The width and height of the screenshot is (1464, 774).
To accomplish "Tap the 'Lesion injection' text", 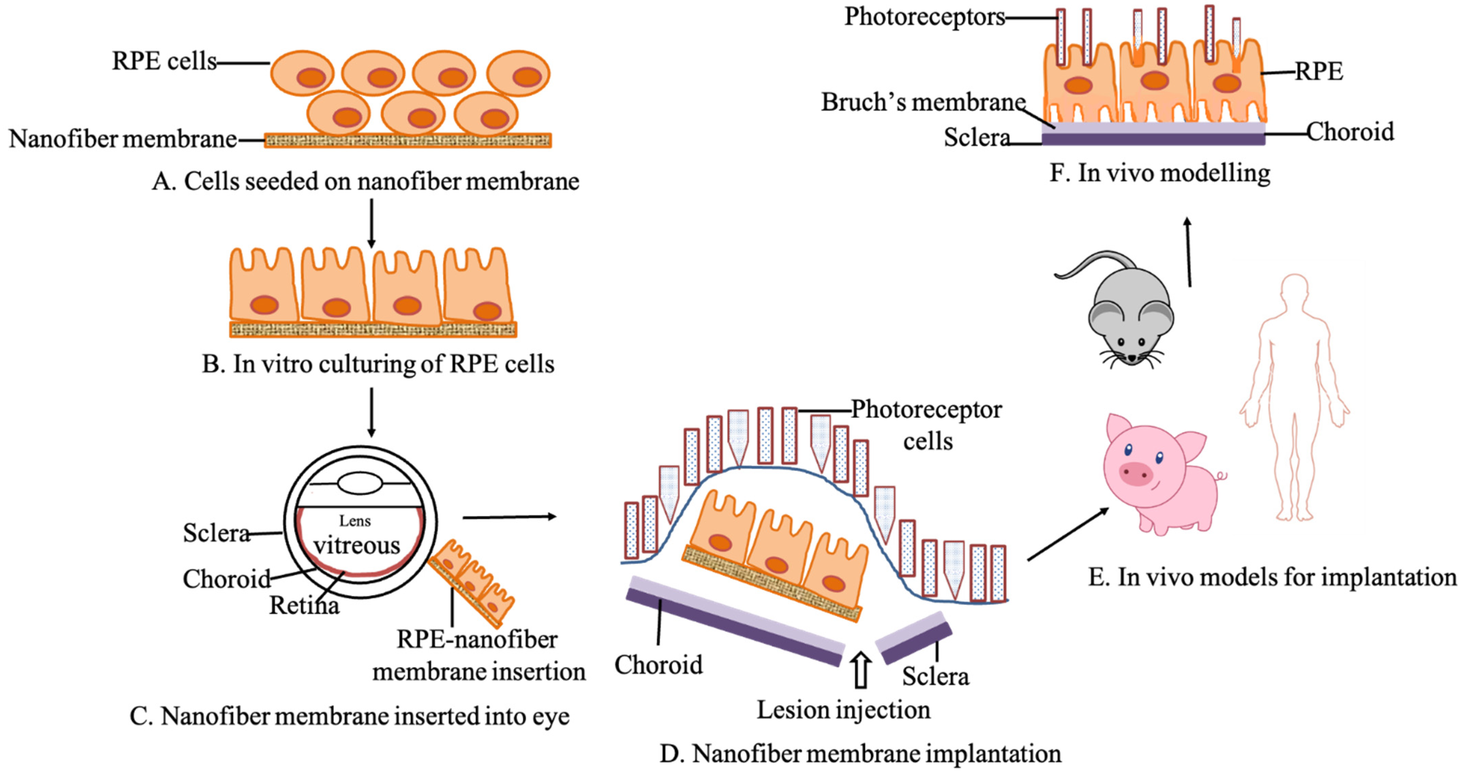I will click(843, 710).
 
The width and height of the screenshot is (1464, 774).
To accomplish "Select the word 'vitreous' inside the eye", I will click(357, 546).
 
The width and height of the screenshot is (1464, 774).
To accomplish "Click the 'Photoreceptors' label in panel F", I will click(925, 17).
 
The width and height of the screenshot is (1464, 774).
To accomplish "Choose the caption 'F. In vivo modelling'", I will click(1159, 173).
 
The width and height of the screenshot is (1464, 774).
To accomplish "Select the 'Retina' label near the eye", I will click(304, 606).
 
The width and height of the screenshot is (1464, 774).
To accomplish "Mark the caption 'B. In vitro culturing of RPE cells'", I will click(378, 364).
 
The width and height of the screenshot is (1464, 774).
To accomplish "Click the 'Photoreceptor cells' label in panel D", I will click(926, 425).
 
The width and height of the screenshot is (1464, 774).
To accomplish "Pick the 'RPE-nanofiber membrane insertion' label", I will click(478, 656).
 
